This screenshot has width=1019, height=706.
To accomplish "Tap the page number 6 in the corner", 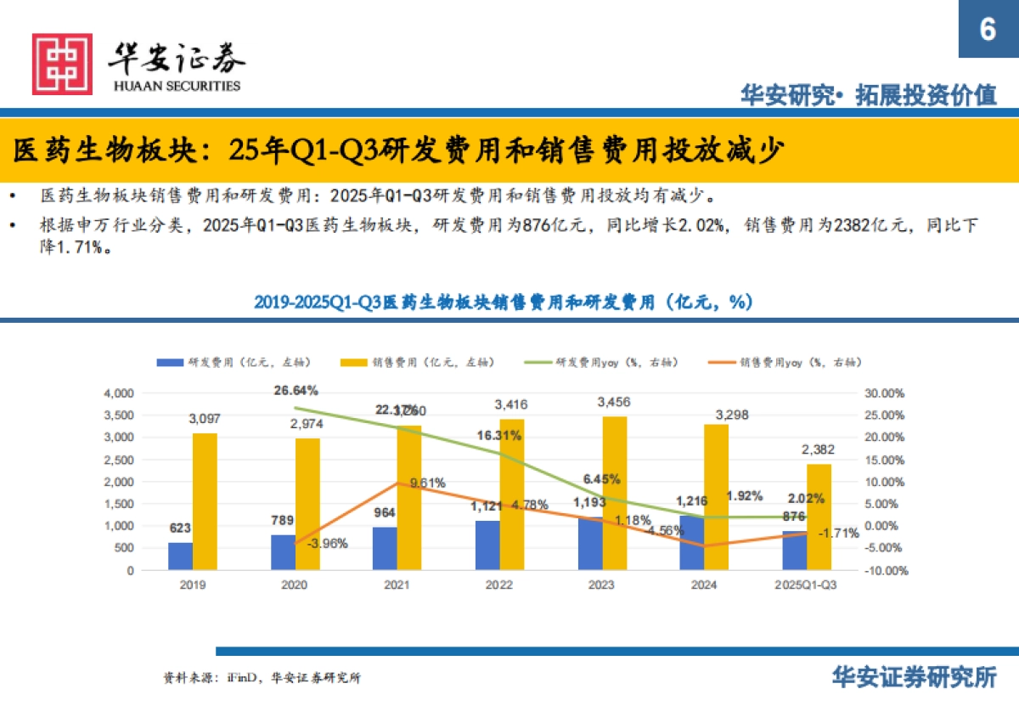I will click(x=987, y=30).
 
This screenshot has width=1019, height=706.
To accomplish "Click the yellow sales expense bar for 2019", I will click(x=205, y=501).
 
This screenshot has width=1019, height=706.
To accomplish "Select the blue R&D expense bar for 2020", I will click(x=283, y=552).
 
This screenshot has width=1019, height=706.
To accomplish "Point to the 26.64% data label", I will click(x=296, y=391).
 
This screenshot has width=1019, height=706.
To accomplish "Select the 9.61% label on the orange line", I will click(x=427, y=483).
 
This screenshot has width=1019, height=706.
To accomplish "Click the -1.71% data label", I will click(x=841, y=533).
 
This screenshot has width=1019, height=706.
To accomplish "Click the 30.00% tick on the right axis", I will click(x=885, y=393).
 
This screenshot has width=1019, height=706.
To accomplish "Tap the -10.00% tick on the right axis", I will click(x=883, y=571).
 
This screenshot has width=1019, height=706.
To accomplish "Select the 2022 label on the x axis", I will click(x=499, y=585).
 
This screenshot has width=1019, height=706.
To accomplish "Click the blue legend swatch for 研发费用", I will click(x=170, y=363).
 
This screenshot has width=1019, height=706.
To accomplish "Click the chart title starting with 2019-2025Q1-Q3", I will click(x=503, y=302).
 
